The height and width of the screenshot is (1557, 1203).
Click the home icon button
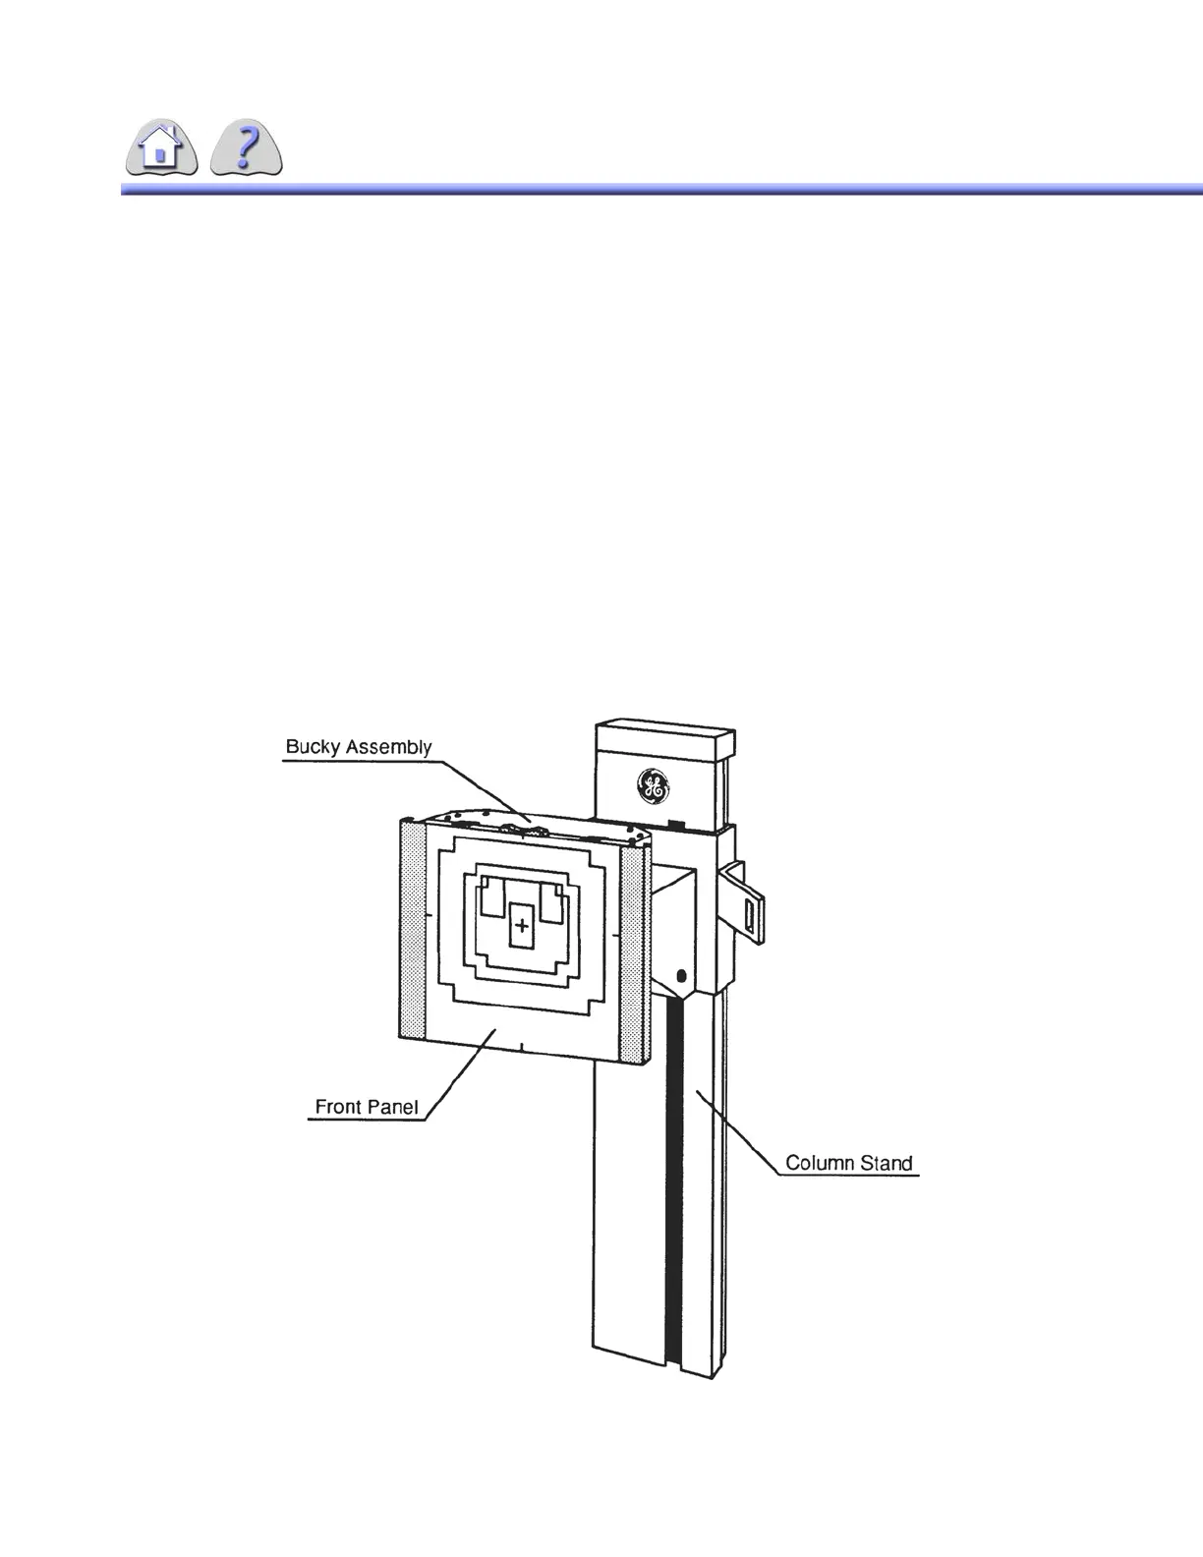click(162, 149)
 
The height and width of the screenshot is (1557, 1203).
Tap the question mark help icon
click(248, 149)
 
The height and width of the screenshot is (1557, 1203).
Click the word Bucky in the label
click(311, 747)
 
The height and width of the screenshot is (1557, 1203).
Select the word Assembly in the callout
click(385, 747)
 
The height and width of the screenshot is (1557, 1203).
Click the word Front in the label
click(338, 1107)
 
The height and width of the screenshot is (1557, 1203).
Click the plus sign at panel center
click(522, 925)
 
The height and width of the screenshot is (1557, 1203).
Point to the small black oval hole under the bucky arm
click(681, 978)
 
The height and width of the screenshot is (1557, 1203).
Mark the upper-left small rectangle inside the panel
click(491, 899)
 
